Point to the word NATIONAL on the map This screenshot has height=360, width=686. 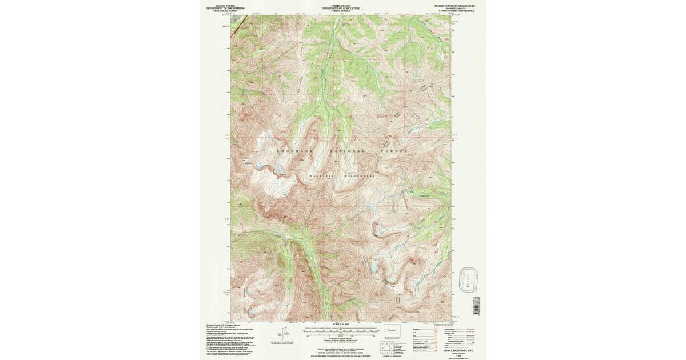coord(347,151)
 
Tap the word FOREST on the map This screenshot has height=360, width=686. coord(393,151)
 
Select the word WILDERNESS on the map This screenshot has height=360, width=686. coord(359,176)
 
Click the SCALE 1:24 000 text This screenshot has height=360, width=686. coord(340,325)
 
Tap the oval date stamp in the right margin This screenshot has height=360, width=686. coord(468,281)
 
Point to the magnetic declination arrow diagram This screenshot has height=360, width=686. coord(282,332)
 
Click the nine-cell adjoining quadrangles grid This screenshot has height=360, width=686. coord(384,347)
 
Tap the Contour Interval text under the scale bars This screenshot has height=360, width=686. coord(340,338)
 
